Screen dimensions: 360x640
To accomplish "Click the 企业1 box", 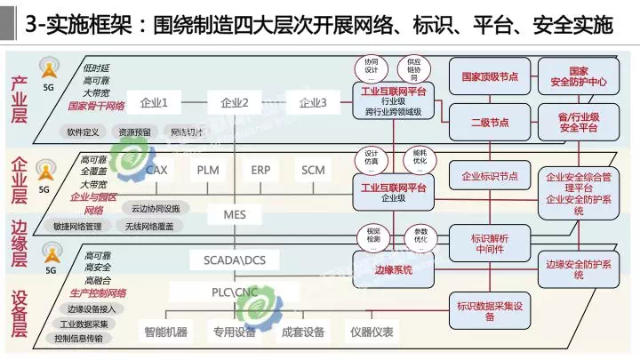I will click(155, 102).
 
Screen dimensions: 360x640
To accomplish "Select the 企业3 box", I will click(313, 102).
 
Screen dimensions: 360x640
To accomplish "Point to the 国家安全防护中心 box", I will click(579, 76).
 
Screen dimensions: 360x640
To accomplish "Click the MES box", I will click(235, 214).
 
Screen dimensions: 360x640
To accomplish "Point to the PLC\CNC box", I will click(235, 292).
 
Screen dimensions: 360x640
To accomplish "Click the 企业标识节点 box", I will click(490, 176).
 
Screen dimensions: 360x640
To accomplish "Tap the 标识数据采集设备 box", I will click(495, 307).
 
